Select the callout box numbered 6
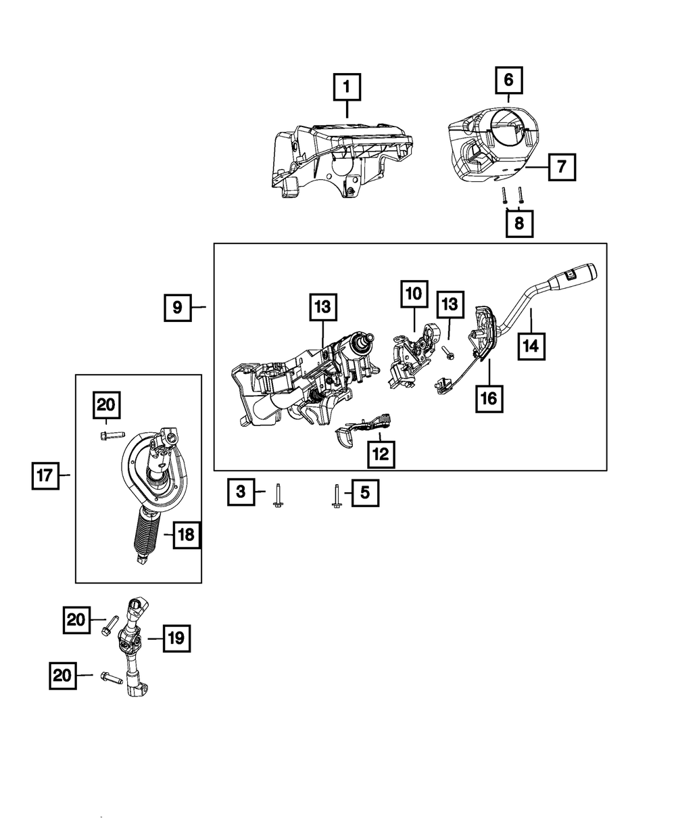(508, 80)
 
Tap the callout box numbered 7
(562, 166)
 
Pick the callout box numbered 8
(518, 222)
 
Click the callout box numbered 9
(177, 308)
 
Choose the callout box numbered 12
(381, 454)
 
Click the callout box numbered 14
(531, 346)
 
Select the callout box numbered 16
(489, 398)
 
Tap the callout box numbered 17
(46, 475)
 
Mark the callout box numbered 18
(186, 536)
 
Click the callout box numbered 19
(176, 638)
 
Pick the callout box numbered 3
(241, 492)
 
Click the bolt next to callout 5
(336, 497)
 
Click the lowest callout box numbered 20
(62, 675)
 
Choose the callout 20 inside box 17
(106, 406)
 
